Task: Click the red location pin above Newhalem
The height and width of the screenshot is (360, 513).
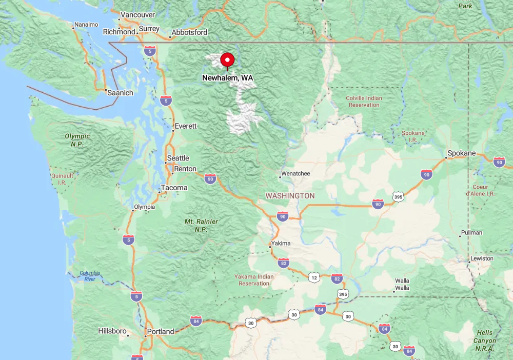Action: tap(227, 60)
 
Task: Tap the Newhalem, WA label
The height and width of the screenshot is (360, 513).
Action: tap(227, 78)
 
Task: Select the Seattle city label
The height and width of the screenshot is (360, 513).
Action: tap(178, 158)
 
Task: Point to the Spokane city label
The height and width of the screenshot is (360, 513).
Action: tap(462, 153)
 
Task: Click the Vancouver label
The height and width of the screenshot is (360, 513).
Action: tap(137, 15)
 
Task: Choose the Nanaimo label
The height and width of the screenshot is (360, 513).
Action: tap(86, 25)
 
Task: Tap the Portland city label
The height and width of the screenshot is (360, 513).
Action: tap(161, 331)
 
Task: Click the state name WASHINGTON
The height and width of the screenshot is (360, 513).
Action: tap(290, 196)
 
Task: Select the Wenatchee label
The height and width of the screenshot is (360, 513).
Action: tap(295, 173)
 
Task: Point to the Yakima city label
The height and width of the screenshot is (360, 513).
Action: tap(281, 243)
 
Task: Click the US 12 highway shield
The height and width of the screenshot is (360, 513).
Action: tap(314, 277)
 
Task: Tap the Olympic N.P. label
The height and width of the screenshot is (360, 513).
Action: tap(77, 140)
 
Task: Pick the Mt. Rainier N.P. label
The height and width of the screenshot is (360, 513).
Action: tap(201, 225)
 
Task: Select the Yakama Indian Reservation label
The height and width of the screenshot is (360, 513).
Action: tap(254, 280)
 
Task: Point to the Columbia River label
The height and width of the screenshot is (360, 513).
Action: tap(90, 276)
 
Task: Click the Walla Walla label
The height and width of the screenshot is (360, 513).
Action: tap(402, 284)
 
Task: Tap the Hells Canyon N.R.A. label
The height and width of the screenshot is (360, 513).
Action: tap(485, 341)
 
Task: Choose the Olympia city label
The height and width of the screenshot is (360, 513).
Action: tap(144, 207)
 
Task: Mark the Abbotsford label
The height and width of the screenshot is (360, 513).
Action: tap(189, 32)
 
